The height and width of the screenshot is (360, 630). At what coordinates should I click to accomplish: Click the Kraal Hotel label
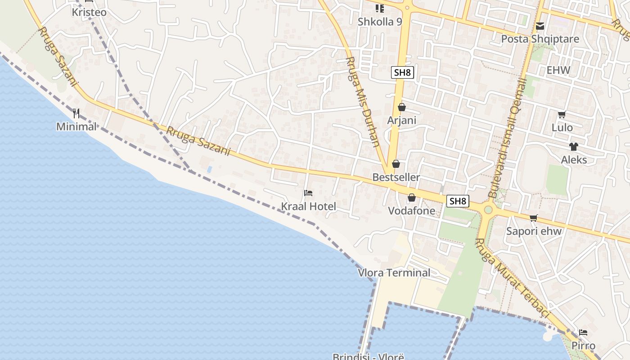pos(309,207)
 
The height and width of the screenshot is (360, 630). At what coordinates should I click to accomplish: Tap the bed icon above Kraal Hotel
pos(308,193)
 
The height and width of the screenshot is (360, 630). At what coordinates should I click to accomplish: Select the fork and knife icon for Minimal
pos(76,113)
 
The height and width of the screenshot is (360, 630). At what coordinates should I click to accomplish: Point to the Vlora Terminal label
pos(394,273)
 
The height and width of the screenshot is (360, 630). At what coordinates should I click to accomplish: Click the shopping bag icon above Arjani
pos(402,107)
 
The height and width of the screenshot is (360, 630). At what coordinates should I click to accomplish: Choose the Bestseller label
pos(396,177)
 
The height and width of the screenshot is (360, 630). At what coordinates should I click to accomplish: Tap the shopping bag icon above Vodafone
pos(411,198)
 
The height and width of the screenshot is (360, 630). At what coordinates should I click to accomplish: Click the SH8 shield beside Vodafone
pos(458,201)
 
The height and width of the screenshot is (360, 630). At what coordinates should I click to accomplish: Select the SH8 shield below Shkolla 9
pos(402,72)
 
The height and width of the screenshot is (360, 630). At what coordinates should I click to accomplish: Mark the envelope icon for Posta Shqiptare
pos(540,26)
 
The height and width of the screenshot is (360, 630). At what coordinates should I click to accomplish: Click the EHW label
pos(558,70)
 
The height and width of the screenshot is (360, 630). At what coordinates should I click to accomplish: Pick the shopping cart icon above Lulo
pos(562,115)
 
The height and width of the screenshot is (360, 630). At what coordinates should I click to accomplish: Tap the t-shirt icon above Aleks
pos(573,147)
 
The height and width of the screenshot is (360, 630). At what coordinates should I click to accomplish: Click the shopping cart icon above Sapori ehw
pos(534,218)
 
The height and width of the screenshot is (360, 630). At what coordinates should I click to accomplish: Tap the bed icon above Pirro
pos(583,333)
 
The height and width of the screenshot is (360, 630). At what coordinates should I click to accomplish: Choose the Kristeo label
pos(89,12)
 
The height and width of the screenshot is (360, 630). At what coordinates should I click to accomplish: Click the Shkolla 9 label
pos(380,22)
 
